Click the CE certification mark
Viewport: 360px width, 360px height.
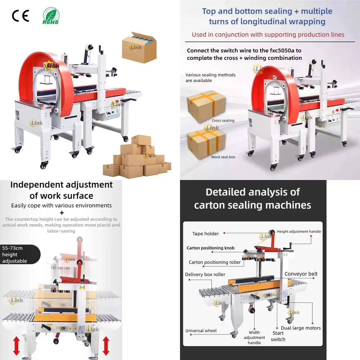[x=20, y=16]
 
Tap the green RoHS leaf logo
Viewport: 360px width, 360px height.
[x=51, y=16]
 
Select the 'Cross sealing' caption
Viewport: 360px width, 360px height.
[x=223, y=121]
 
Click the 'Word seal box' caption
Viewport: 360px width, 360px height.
[x=223, y=157]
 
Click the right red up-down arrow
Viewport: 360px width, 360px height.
[x=105, y=346]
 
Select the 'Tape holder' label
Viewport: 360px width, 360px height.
[x=206, y=234]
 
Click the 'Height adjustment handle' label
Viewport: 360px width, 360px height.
[x=299, y=231]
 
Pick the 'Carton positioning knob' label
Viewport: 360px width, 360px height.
[x=210, y=248]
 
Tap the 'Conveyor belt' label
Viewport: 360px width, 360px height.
[x=301, y=274]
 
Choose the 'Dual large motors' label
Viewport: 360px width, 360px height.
[x=301, y=328]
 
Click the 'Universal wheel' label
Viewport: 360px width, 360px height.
[x=201, y=330]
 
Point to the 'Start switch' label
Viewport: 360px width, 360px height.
[x=278, y=336]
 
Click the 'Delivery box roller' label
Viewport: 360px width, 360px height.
[x=205, y=274]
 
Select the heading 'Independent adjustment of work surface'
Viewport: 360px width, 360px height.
[x=61, y=190]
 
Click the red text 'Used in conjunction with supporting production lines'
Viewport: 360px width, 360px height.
[x=268, y=35]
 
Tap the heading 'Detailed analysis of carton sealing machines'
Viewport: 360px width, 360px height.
[x=252, y=198]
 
